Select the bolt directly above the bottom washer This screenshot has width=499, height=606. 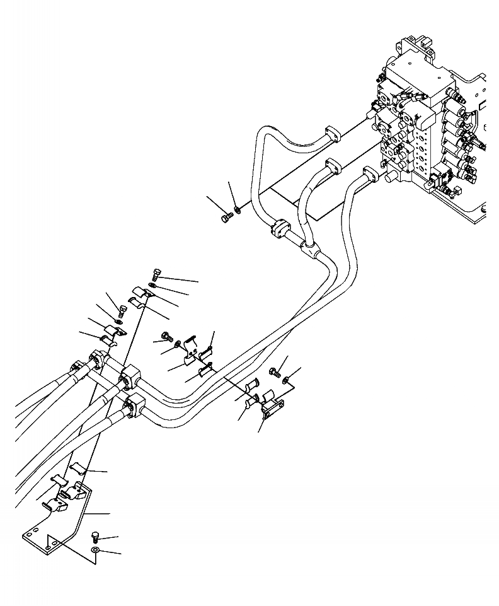tap(95, 537)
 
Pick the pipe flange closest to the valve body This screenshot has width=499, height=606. tap(370, 173)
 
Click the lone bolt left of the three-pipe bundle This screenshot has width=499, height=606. tap(227, 218)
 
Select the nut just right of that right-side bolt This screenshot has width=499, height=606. tap(287, 379)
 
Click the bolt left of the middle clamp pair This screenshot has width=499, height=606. tap(166, 336)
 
